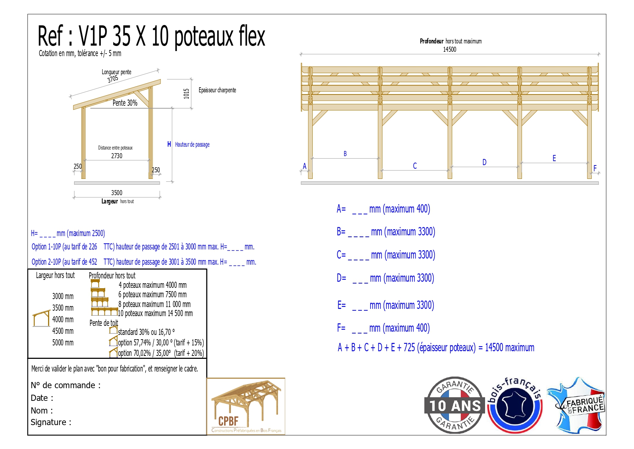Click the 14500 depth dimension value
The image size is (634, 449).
click(450, 49)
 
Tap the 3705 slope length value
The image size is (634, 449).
click(113, 79)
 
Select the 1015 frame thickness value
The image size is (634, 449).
click(186, 94)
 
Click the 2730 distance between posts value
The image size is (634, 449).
click(117, 156)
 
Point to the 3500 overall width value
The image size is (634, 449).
click(117, 193)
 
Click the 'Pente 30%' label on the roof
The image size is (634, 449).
click(125, 103)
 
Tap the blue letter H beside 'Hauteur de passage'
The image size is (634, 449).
click(169, 144)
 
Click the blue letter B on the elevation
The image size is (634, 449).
click(345, 154)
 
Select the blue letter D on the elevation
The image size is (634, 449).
click(484, 162)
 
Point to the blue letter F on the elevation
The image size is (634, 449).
click(595, 168)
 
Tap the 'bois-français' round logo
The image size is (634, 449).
click(515, 405)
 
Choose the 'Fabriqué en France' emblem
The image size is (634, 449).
click(577, 405)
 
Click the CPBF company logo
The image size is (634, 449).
click(246, 406)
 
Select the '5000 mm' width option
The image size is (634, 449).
click(63, 343)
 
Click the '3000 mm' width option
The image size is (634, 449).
click(63, 296)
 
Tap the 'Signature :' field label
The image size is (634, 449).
click(51, 422)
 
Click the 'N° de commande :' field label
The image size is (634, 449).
click(66, 385)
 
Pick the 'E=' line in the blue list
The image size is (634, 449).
click(386, 305)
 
